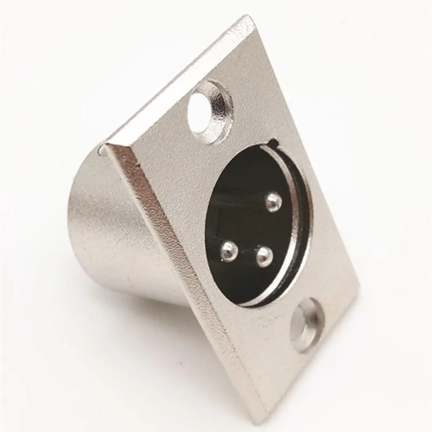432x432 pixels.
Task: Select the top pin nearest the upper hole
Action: click(x=274, y=202)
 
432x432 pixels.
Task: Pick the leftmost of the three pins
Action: click(x=230, y=249)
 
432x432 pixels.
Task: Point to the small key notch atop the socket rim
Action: click(x=274, y=144)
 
